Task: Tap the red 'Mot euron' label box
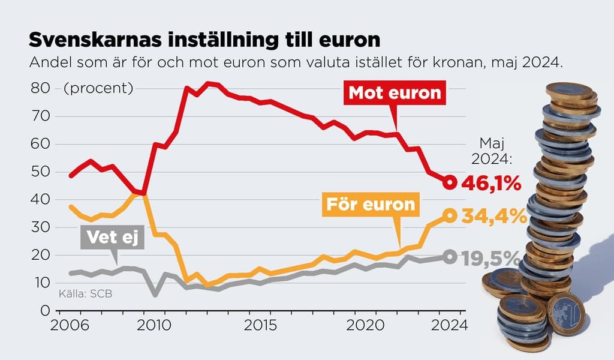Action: [x=395, y=94]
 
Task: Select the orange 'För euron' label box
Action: [x=369, y=205]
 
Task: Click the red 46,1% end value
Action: [x=490, y=184]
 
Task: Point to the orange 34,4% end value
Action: [x=493, y=216]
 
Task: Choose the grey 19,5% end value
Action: [x=490, y=258]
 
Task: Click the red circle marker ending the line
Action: [x=450, y=182]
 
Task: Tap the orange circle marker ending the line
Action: [x=450, y=215]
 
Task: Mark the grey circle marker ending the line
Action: [x=450, y=256]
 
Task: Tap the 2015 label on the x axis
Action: [x=261, y=326]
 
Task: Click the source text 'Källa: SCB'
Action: [x=85, y=294]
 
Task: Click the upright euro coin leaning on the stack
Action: [x=565, y=314]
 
